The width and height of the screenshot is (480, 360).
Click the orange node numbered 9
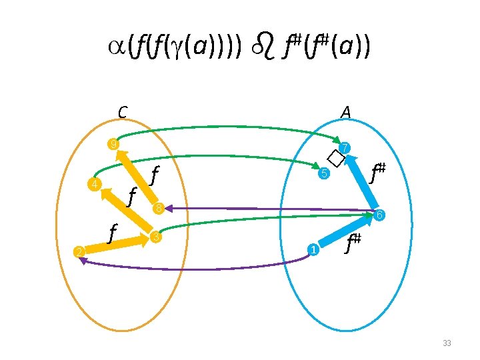(115, 145)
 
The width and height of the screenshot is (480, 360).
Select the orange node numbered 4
(96, 185)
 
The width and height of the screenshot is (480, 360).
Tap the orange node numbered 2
(78, 251)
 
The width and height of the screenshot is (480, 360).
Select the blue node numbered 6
(378, 215)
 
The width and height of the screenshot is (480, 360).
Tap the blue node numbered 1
(311, 250)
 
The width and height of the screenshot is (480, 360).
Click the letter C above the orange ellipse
(123, 113)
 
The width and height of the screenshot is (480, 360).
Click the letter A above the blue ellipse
(345, 113)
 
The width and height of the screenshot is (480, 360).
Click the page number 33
(447, 343)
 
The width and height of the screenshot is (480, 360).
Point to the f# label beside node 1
(353, 244)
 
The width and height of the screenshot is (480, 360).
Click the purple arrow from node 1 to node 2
(200, 268)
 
